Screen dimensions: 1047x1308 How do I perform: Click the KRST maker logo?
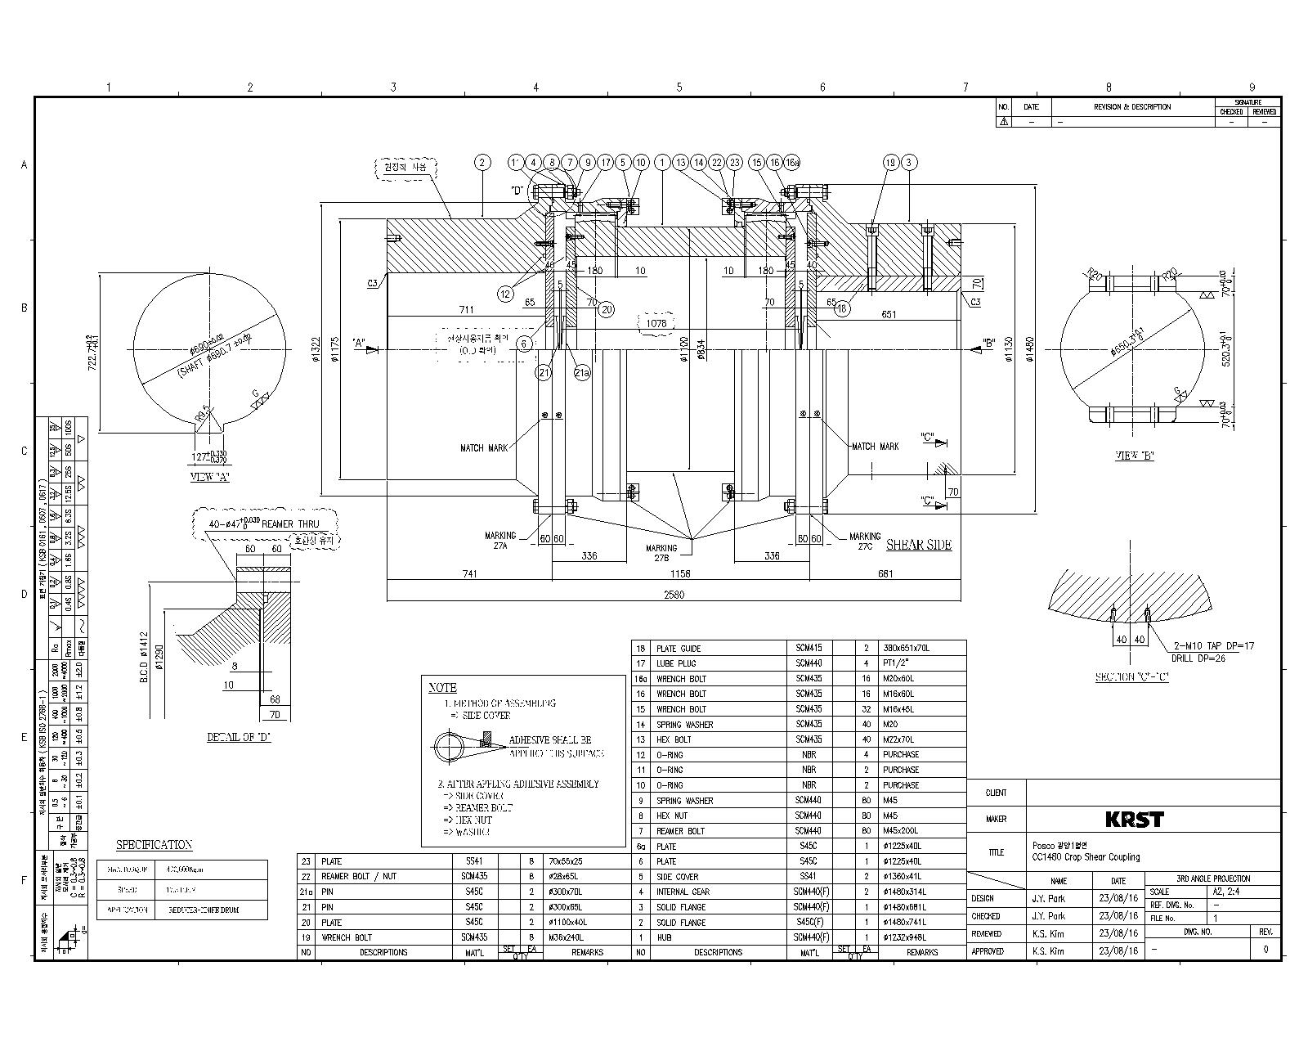pyautogui.click(x=1134, y=819)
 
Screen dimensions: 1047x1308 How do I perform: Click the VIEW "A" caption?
pyautogui.click(x=209, y=477)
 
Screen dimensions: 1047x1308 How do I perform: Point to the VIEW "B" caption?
pyautogui.click(x=1135, y=456)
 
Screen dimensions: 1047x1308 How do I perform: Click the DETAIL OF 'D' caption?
pyautogui.click(x=239, y=737)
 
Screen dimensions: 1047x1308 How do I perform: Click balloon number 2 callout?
pyautogui.click(x=482, y=162)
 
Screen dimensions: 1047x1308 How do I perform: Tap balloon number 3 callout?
pyautogui.click(x=908, y=162)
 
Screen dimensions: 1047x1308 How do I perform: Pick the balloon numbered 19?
pyautogui.click(x=890, y=162)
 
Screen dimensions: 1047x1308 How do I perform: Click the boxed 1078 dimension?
pyautogui.click(x=656, y=323)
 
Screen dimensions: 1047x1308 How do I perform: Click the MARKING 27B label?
pyautogui.click(x=661, y=553)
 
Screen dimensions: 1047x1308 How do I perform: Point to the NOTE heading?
pyautogui.click(x=442, y=687)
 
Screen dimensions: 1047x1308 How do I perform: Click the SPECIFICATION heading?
pyautogui.click(x=154, y=845)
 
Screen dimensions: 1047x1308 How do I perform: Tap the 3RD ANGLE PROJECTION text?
pyautogui.click(x=1212, y=878)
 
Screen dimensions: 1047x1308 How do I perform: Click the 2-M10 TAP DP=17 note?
pyautogui.click(x=1213, y=646)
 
